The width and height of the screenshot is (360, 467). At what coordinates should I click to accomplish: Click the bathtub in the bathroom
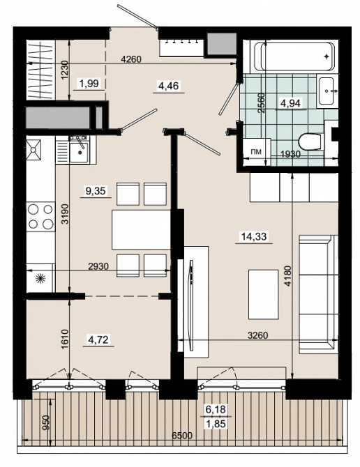click(x=297, y=56)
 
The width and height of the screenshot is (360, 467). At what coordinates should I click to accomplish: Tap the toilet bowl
click(x=310, y=141)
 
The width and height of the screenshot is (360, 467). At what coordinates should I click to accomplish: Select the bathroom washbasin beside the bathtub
click(x=326, y=91)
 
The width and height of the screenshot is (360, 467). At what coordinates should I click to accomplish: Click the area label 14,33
click(x=254, y=236)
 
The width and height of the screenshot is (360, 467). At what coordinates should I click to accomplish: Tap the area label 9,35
click(x=96, y=190)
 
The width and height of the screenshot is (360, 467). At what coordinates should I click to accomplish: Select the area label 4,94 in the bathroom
click(x=290, y=103)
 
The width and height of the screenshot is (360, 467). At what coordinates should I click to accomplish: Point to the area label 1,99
click(x=89, y=84)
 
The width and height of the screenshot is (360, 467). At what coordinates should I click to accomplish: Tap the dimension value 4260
click(x=131, y=59)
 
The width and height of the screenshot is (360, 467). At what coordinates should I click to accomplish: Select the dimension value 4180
click(x=287, y=276)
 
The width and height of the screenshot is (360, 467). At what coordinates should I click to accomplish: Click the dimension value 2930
click(x=98, y=266)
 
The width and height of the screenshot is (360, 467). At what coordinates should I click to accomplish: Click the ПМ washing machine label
click(x=256, y=151)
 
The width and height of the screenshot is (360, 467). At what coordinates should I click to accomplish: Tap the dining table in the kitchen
click(x=141, y=230)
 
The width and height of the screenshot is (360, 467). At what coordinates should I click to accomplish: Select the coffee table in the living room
click(x=264, y=294)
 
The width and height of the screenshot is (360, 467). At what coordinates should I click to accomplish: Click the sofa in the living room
click(x=319, y=294)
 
